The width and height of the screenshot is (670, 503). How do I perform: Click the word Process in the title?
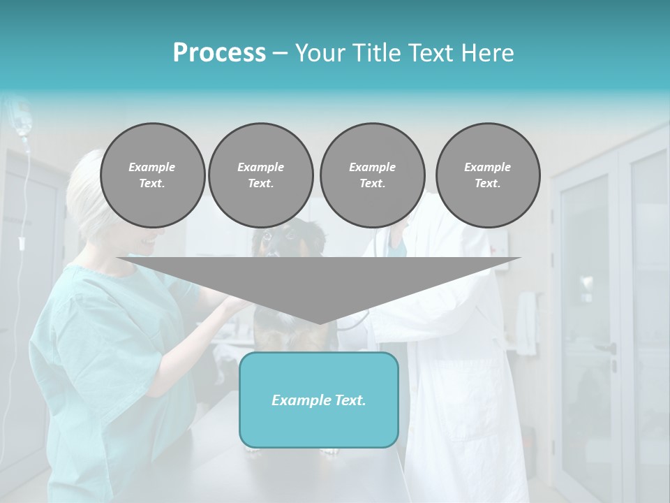click(x=219, y=53)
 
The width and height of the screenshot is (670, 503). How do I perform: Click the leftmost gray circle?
click(x=152, y=175)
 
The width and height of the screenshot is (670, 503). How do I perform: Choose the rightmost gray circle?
click(x=488, y=175)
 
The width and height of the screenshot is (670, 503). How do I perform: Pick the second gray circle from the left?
click(x=260, y=175)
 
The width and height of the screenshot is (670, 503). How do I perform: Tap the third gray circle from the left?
click(x=372, y=175)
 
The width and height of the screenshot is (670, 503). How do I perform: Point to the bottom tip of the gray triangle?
click(x=319, y=323)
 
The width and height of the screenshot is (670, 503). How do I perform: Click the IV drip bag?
click(x=23, y=119)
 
